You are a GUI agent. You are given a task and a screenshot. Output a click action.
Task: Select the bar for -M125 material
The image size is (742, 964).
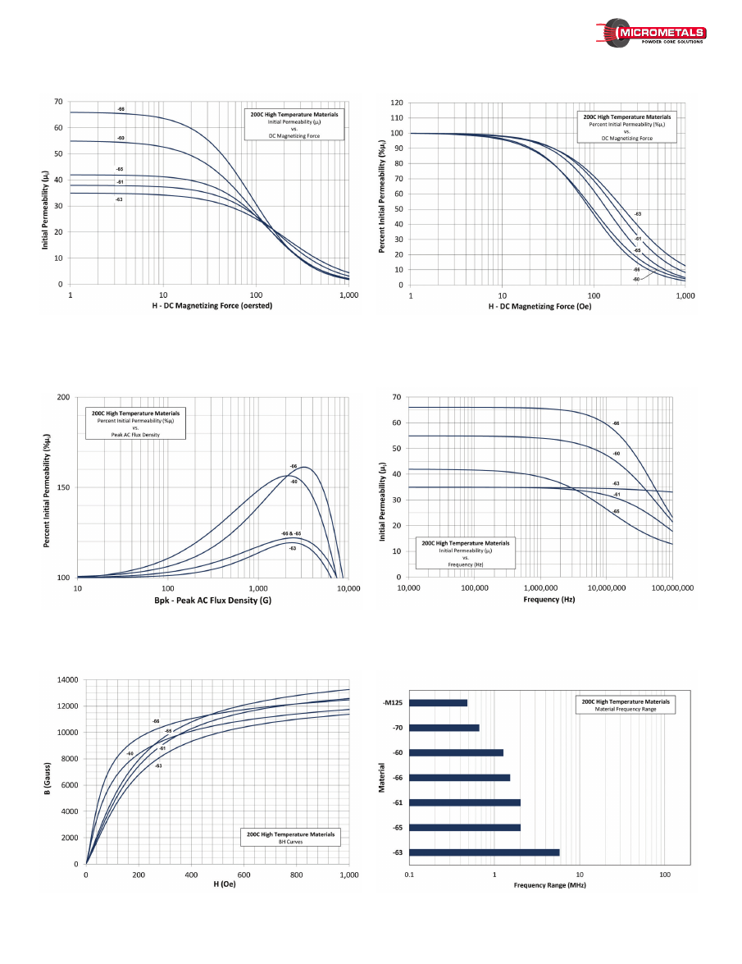click(438, 702)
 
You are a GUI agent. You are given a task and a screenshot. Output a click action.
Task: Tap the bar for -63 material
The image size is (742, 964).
click(484, 852)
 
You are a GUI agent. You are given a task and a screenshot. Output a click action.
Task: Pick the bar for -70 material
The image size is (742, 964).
click(444, 728)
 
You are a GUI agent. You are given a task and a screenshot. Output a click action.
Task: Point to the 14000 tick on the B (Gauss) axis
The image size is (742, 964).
click(67, 680)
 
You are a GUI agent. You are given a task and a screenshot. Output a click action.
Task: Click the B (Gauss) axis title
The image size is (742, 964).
click(48, 772)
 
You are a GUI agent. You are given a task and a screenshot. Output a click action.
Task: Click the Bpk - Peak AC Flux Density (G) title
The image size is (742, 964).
click(212, 601)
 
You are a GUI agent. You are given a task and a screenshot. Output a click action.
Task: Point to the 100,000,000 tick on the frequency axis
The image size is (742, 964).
click(671, 588)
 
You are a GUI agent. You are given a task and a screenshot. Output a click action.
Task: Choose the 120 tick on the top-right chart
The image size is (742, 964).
click(397, 103)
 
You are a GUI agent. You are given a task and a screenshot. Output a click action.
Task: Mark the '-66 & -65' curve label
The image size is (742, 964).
click(291, 533)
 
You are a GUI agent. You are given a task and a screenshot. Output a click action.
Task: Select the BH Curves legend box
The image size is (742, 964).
click(291, 838)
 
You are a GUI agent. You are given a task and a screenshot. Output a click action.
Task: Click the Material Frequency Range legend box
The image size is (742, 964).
click(625, 706)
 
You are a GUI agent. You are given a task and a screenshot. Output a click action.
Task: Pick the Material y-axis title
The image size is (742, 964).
click(382, 778)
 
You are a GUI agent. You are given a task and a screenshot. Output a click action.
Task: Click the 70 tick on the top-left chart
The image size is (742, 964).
click(57, 102)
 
